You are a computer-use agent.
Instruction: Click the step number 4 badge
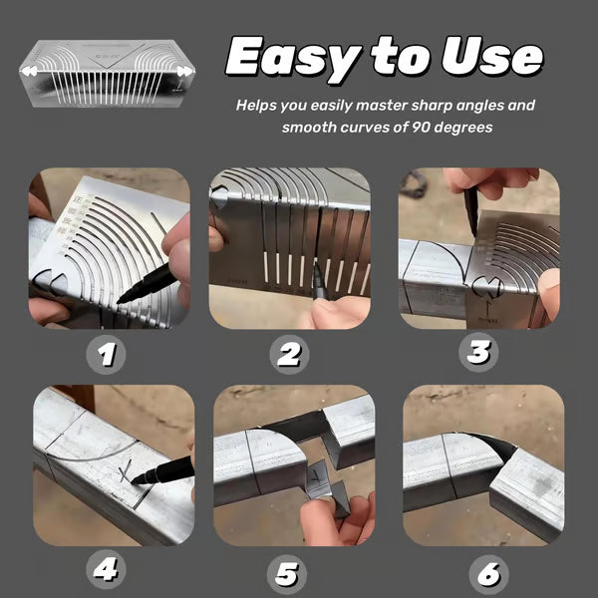[106, 571]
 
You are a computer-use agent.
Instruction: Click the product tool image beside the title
[108, 72]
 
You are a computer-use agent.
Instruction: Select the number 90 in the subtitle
[410, 128]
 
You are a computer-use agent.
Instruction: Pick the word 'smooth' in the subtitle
[312, 128]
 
